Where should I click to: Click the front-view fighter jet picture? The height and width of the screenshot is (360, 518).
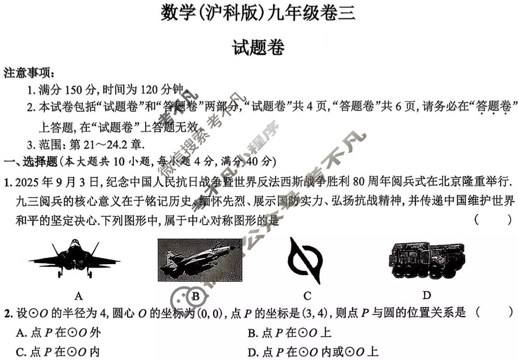pos(74,258)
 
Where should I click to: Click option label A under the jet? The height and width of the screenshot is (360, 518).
pos(78,295)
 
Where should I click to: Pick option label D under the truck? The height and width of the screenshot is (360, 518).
pos(427,295)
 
